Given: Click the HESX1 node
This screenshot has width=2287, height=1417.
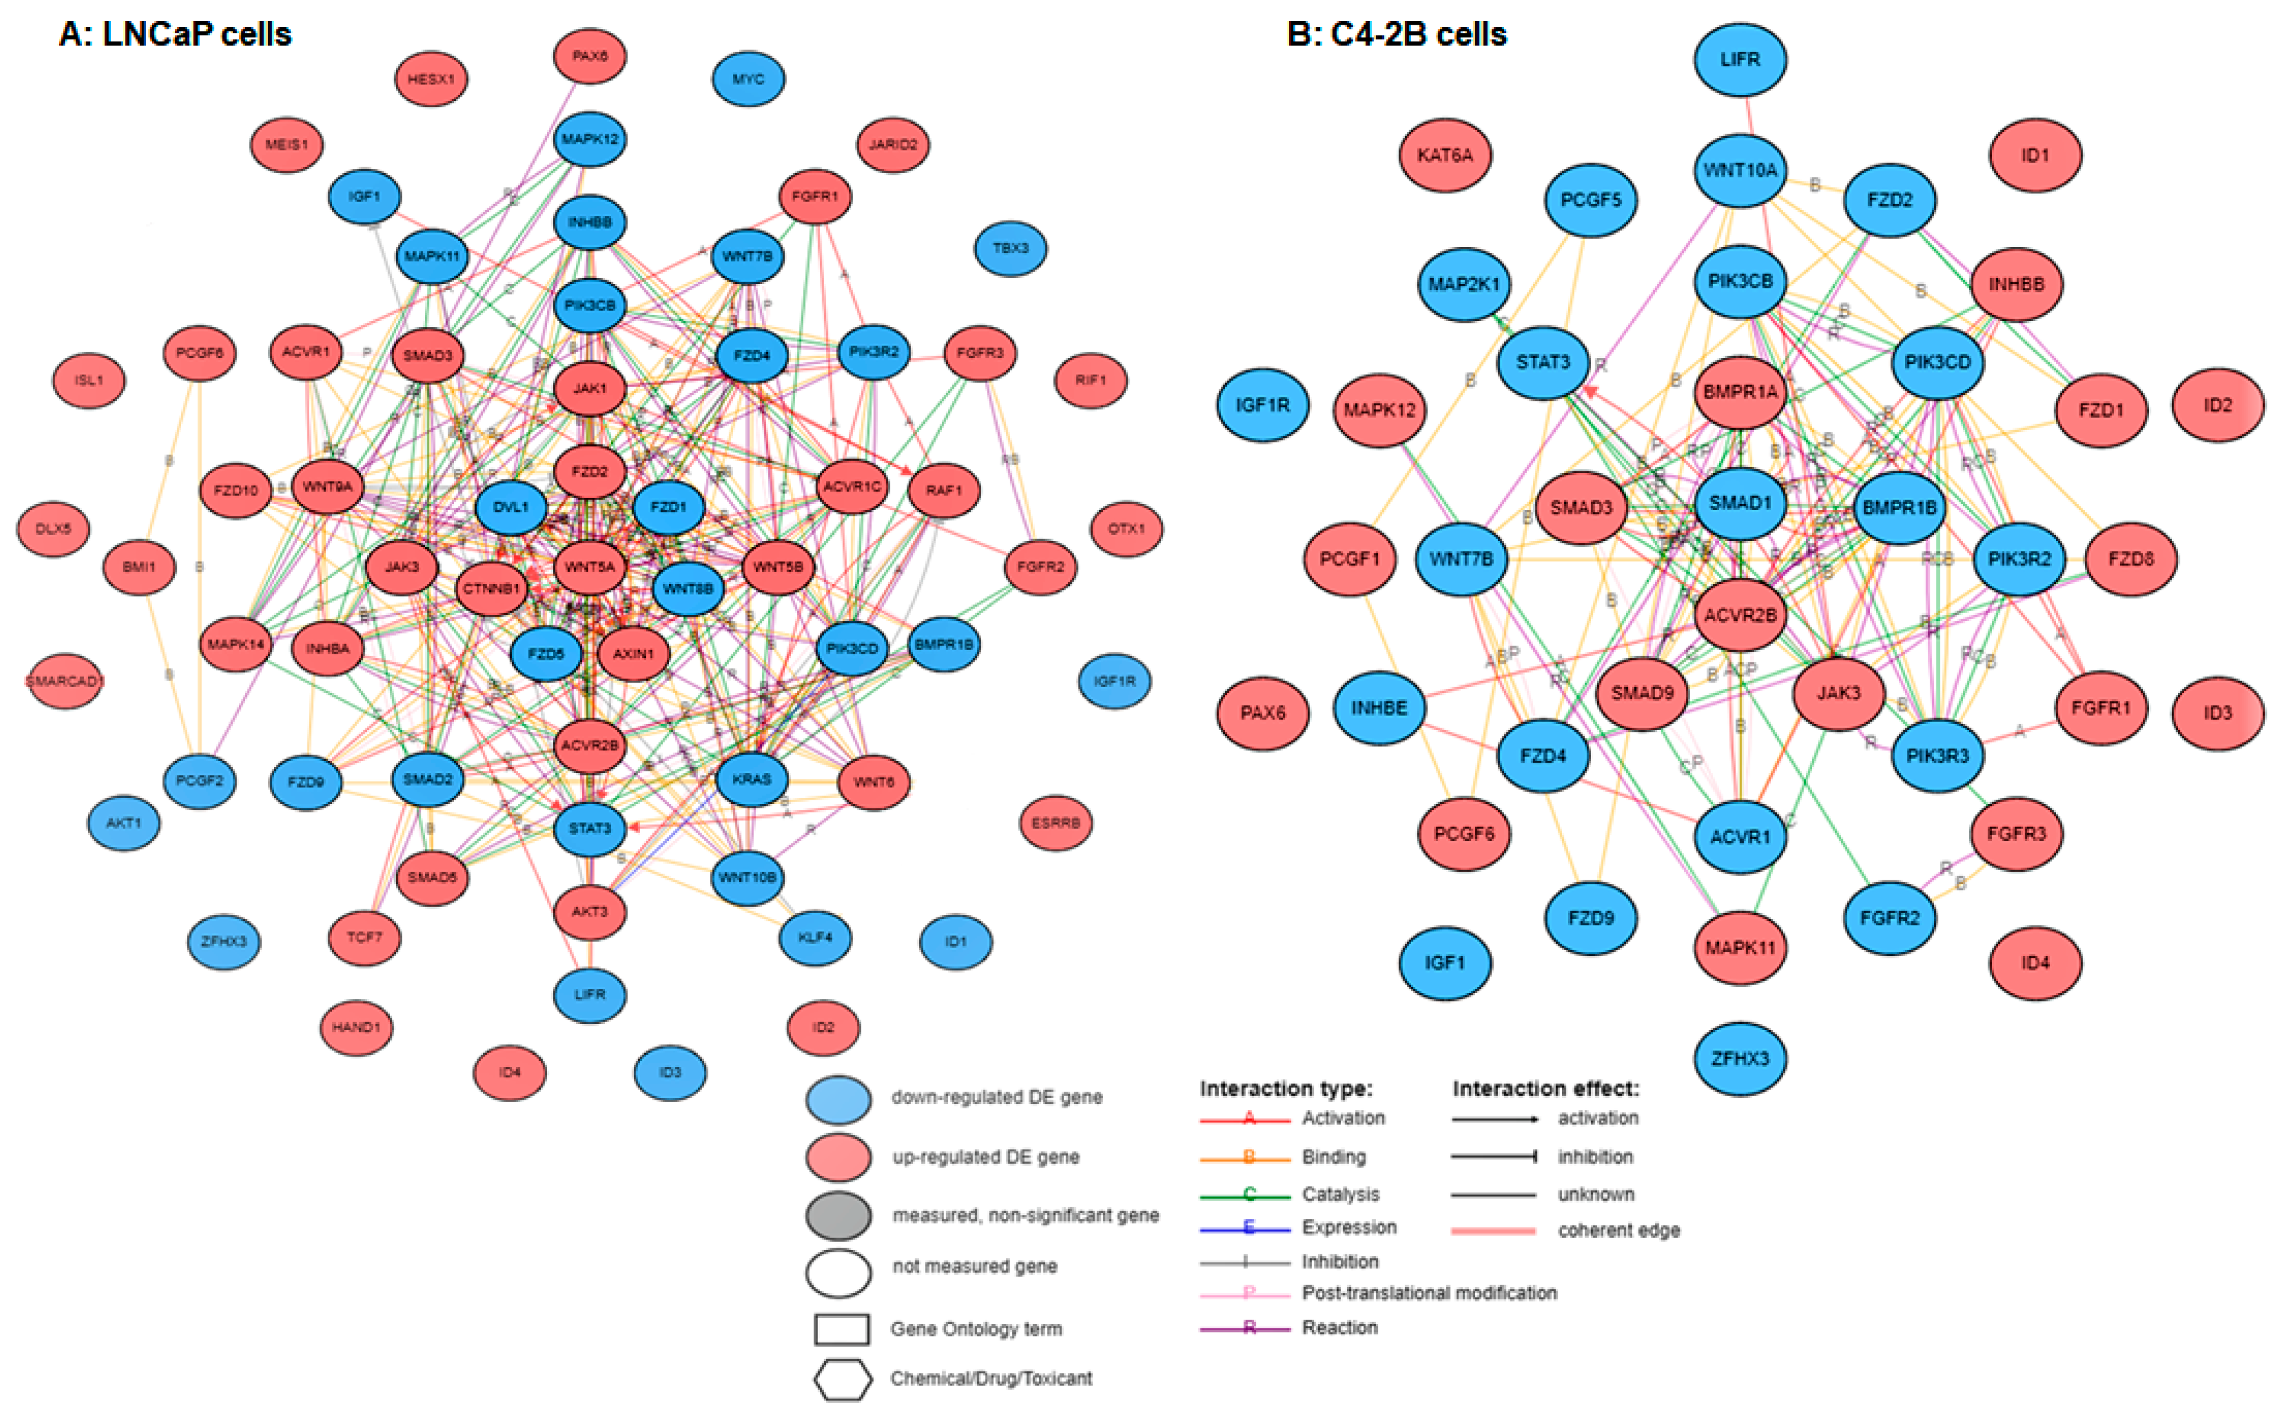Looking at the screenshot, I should [x=431, y=79].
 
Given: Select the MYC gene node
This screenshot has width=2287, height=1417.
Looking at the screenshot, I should [x=748, y=79].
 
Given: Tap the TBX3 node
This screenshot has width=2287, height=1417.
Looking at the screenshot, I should [x=1010, y=248].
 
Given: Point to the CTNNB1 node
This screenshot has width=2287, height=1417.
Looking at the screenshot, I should [x=491, y=588].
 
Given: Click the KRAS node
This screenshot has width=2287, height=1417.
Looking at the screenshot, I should [x=751, y=779].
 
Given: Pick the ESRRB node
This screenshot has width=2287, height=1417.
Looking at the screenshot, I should [x=1056, y=823].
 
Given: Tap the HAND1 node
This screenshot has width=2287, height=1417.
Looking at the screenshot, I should [x=356, y=1027].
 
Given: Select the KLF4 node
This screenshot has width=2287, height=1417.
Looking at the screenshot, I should [x=815, y=937].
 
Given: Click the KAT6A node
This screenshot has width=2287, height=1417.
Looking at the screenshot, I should [x=1445, y=155].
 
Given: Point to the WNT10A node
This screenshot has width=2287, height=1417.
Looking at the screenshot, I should [x=1740, y=169].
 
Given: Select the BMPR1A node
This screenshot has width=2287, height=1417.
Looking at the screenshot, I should [x=1740, y=392].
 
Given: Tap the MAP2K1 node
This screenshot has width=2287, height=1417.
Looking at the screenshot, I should [x=1463, y=284].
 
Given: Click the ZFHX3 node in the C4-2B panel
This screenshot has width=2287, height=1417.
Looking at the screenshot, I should [x=1740, y=1058].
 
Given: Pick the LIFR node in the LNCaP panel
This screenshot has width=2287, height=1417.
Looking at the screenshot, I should [x=589, y=994].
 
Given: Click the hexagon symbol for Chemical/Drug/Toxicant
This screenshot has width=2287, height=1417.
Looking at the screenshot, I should [x=842, y=1379].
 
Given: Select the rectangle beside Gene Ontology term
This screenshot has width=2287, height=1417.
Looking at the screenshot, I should [x=841, y=1329].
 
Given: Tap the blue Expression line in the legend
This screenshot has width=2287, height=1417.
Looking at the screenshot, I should [x=1246, y=1228].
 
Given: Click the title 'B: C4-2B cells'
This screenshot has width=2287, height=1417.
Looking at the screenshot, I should [x=1396, y=35].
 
